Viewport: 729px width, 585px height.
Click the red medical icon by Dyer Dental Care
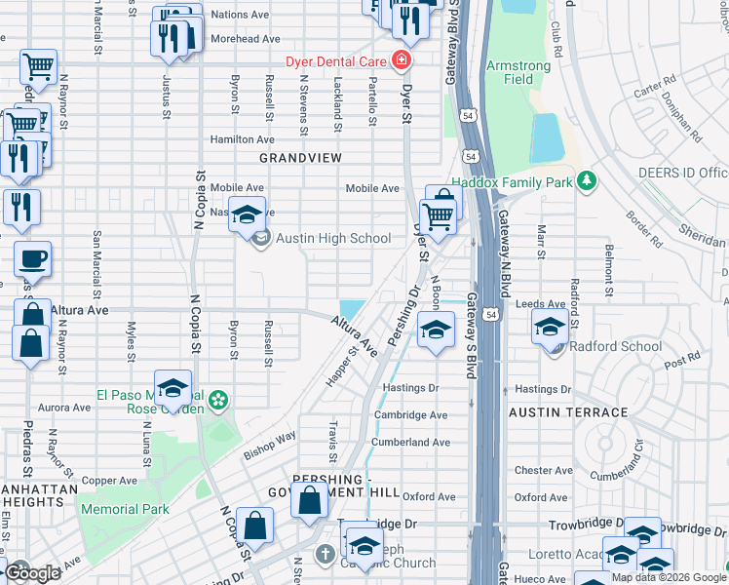pyautogui.click(x=400, y=61)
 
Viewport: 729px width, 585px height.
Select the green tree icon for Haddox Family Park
pyautogui.click(x=586, y=181)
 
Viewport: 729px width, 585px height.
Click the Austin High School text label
pyautogui.click(x=333, y=238)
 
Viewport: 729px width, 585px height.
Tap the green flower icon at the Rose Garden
pyautogui.click(x=219, y=401)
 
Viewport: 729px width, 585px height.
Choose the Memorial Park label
pyautogui.click(x=125, y=509)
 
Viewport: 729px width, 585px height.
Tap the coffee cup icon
pyautogui.click(x=33, y=258)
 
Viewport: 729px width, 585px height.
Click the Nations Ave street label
pyautogui.click(x=239, y=15)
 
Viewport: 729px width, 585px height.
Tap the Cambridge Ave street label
pyautogui.click(x=412, y=414)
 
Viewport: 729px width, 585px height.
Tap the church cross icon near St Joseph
pyautogui.click(x=326, y=555)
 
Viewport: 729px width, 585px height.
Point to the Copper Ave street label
pyautogui.click(x=109, y=481)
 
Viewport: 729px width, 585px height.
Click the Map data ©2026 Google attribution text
pyautogui.click(x=669, y=577)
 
